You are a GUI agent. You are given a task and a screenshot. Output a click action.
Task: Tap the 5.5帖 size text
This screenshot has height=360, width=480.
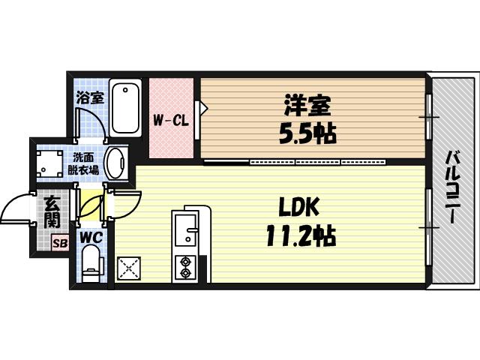(x=307, y=134)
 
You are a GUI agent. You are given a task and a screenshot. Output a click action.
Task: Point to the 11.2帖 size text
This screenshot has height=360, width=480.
(x=298, y=237)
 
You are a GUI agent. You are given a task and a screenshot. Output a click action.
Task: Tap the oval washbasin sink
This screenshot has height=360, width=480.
(x=117, y=161)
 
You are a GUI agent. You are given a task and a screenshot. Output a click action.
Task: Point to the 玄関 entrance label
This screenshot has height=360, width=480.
(x=52, y=211)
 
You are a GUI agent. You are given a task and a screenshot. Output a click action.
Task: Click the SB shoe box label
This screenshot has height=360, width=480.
(x=59, y=243)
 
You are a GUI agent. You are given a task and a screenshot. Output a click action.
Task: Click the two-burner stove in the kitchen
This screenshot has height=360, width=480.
(x=184, y=266)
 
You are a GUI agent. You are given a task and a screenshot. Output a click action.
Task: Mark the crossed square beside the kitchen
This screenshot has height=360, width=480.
(x=129, y=268)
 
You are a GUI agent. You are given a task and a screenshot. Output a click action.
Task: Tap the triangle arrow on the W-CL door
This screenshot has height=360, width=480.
(x=199, y=106)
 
